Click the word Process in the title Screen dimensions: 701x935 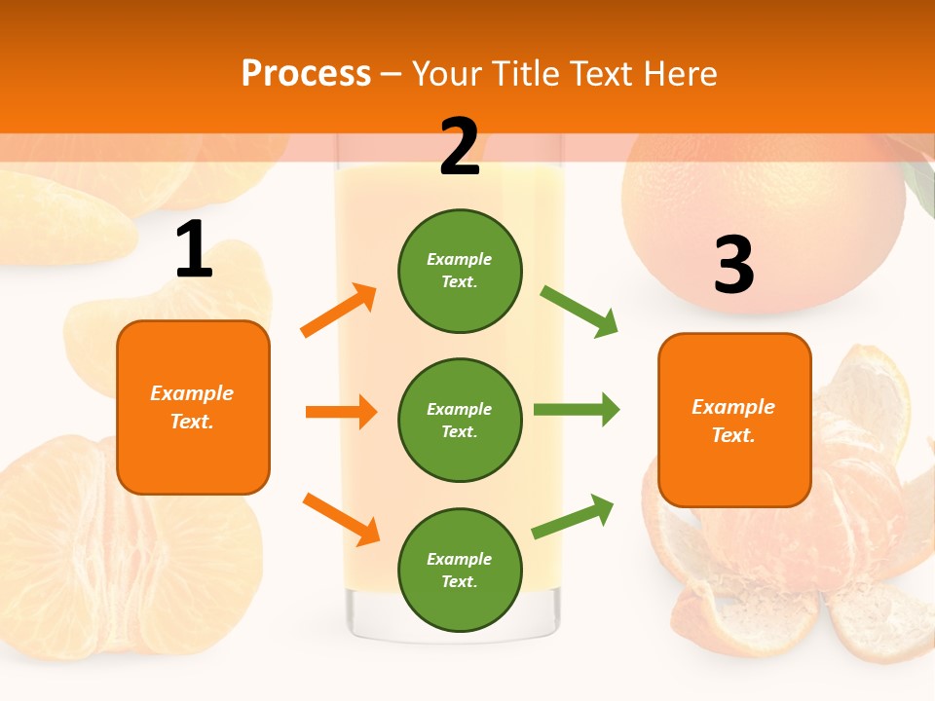[306, 74]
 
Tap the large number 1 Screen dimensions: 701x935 [193, 251]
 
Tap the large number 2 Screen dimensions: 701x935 [460, 147]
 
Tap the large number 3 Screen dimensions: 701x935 [733, 265]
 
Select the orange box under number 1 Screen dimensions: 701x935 [193, 407]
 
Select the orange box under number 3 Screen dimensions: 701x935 [734, 421]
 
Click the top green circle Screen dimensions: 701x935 [460, 271]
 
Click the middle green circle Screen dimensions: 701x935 [460, 420]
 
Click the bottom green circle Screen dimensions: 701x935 [460, 570]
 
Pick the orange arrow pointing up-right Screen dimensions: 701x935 [339, 311]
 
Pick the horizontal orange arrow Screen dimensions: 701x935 [341, 412]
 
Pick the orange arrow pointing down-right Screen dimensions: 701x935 [341, 519]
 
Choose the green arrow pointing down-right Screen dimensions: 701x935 [580, 312]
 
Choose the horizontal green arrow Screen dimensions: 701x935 [577, 409]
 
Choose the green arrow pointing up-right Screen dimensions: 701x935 [573, 517]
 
